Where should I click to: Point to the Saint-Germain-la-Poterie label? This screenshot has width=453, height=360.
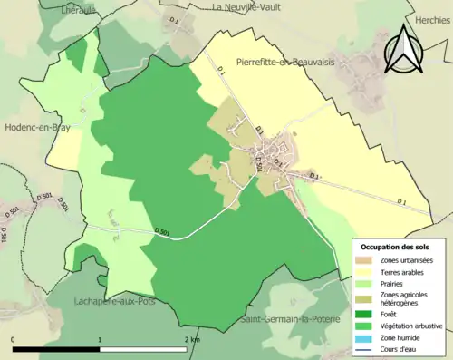[292, 320]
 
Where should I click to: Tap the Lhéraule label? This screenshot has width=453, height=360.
[79, 9]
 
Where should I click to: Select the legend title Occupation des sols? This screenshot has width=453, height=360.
[396, 247]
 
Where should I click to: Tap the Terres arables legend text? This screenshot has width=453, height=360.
[404, 271]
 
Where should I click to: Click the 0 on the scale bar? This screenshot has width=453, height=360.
[14, 339]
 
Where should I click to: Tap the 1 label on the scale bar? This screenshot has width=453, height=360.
[100, 339]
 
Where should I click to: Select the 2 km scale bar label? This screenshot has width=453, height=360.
[192, 339]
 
